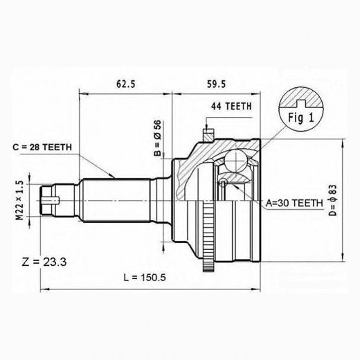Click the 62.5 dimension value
[x=125, y=84]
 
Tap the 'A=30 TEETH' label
[x=294, y=203]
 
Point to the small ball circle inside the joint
[x=224, y=183]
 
